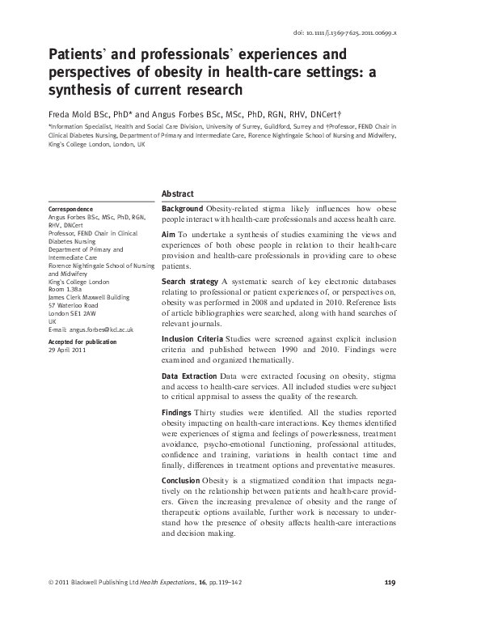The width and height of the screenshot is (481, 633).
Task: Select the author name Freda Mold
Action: tap(73, 114)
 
